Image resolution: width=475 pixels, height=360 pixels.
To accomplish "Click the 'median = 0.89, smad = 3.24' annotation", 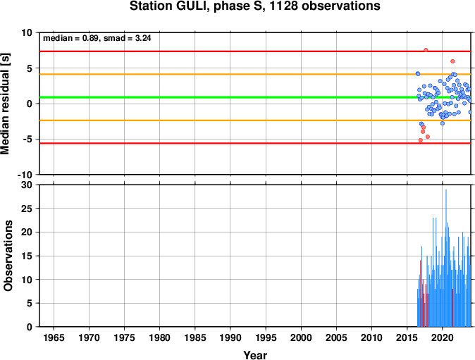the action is (97, 38).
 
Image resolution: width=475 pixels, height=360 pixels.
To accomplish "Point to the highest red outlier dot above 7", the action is (426, 50).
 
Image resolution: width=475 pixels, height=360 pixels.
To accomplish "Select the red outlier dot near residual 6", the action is (452, 61).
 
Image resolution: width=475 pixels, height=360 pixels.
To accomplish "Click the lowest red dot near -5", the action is (421, 140).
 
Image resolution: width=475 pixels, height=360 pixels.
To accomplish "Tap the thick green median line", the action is (255, 97).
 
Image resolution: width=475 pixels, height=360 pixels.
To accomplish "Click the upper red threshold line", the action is (255, 51).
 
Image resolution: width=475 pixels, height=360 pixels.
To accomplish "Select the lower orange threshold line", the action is (255, 120).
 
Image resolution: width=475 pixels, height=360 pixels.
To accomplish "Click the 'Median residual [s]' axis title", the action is (6, 104).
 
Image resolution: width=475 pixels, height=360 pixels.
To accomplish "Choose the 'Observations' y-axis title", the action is (8, 256).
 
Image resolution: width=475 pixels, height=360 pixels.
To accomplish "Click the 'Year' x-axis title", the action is (255, 355).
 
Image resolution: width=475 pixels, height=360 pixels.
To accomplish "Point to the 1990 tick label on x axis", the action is (230, 337).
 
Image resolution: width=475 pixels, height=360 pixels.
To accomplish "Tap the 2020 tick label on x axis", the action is (443, 337).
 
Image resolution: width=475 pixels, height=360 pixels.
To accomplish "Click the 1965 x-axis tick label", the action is (54, 337).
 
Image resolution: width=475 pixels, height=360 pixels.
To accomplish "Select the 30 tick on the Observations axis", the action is (27, 185).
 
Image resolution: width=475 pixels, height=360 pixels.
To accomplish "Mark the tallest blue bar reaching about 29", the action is (446, 258).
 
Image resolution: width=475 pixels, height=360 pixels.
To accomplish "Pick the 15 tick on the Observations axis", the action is (27, 256).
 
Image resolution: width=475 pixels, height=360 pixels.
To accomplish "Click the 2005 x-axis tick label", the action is (336, 337).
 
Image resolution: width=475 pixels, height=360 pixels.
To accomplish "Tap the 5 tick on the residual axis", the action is (30, 68).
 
